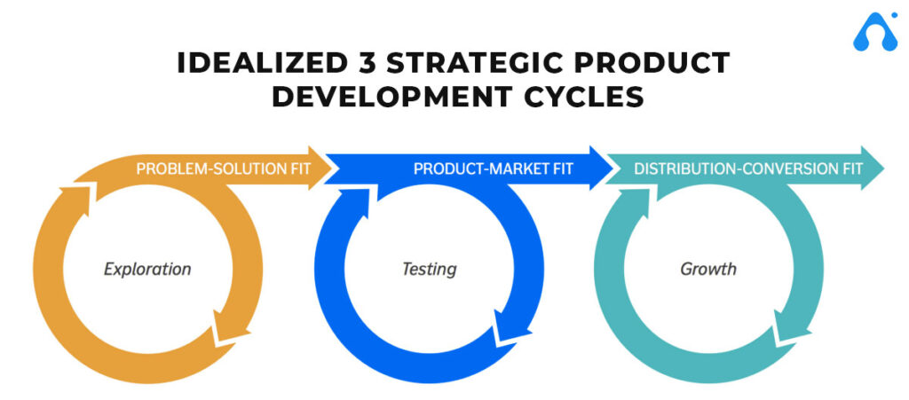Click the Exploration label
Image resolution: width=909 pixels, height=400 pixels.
[147, 268]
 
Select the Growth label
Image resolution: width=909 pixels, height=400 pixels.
[708, 268]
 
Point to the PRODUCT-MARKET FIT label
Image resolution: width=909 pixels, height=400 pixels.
[494, 168]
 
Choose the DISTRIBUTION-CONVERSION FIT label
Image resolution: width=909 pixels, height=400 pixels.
[748, 168]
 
